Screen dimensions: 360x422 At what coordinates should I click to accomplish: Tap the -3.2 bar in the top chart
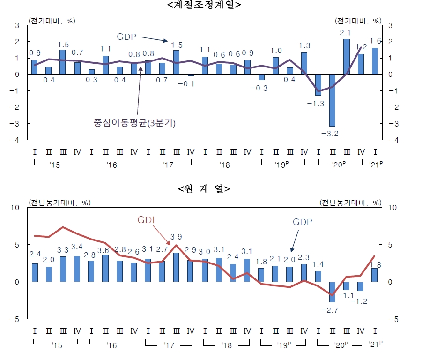[x=332, y=100]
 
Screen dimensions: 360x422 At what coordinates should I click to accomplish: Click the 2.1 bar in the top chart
[x=346, y=56]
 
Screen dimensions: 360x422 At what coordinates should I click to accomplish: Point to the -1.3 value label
[x=318, y=104]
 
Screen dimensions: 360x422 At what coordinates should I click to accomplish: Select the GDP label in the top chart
[x=126, y=36]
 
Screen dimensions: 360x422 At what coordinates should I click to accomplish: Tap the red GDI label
[x=146, y=220]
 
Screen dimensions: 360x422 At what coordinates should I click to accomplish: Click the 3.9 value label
[x=176, y=237]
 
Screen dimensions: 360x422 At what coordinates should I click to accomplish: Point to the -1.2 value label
[x=361, y=300]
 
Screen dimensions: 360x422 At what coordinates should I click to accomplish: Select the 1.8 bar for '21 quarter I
[x=375, y=275]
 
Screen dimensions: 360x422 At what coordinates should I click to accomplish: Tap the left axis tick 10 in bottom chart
[x=14, y=208]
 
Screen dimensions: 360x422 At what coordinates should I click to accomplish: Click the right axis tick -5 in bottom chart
[x=395, y=319]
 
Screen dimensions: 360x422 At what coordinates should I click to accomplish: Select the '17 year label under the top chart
[x=169, y=165]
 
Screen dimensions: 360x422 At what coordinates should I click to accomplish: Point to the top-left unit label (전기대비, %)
[x=52, y=21]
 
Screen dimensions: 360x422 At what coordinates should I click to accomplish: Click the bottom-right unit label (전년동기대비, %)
[x=351, y=202]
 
